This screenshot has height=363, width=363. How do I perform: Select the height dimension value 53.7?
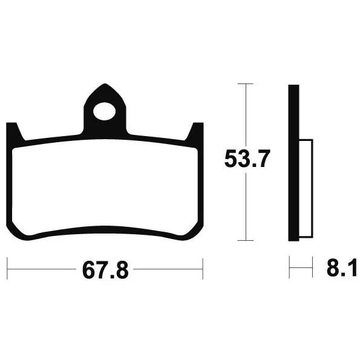point(246,160)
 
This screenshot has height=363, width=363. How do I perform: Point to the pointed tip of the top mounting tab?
point(106,85)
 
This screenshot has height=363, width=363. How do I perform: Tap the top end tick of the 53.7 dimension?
point(246,84)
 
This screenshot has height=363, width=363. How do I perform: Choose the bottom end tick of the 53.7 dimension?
point(246,240)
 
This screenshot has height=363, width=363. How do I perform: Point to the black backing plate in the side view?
point(293,163)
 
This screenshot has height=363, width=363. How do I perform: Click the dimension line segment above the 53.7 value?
point(246,115)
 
